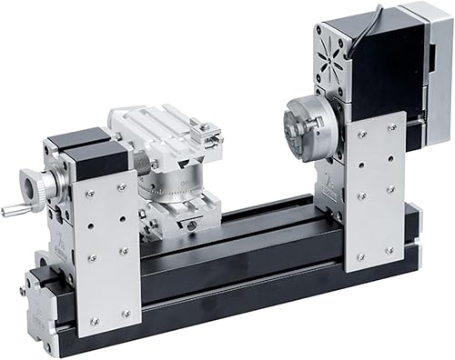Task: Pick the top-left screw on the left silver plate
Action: [89, 194]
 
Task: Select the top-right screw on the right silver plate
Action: [392, 127]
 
